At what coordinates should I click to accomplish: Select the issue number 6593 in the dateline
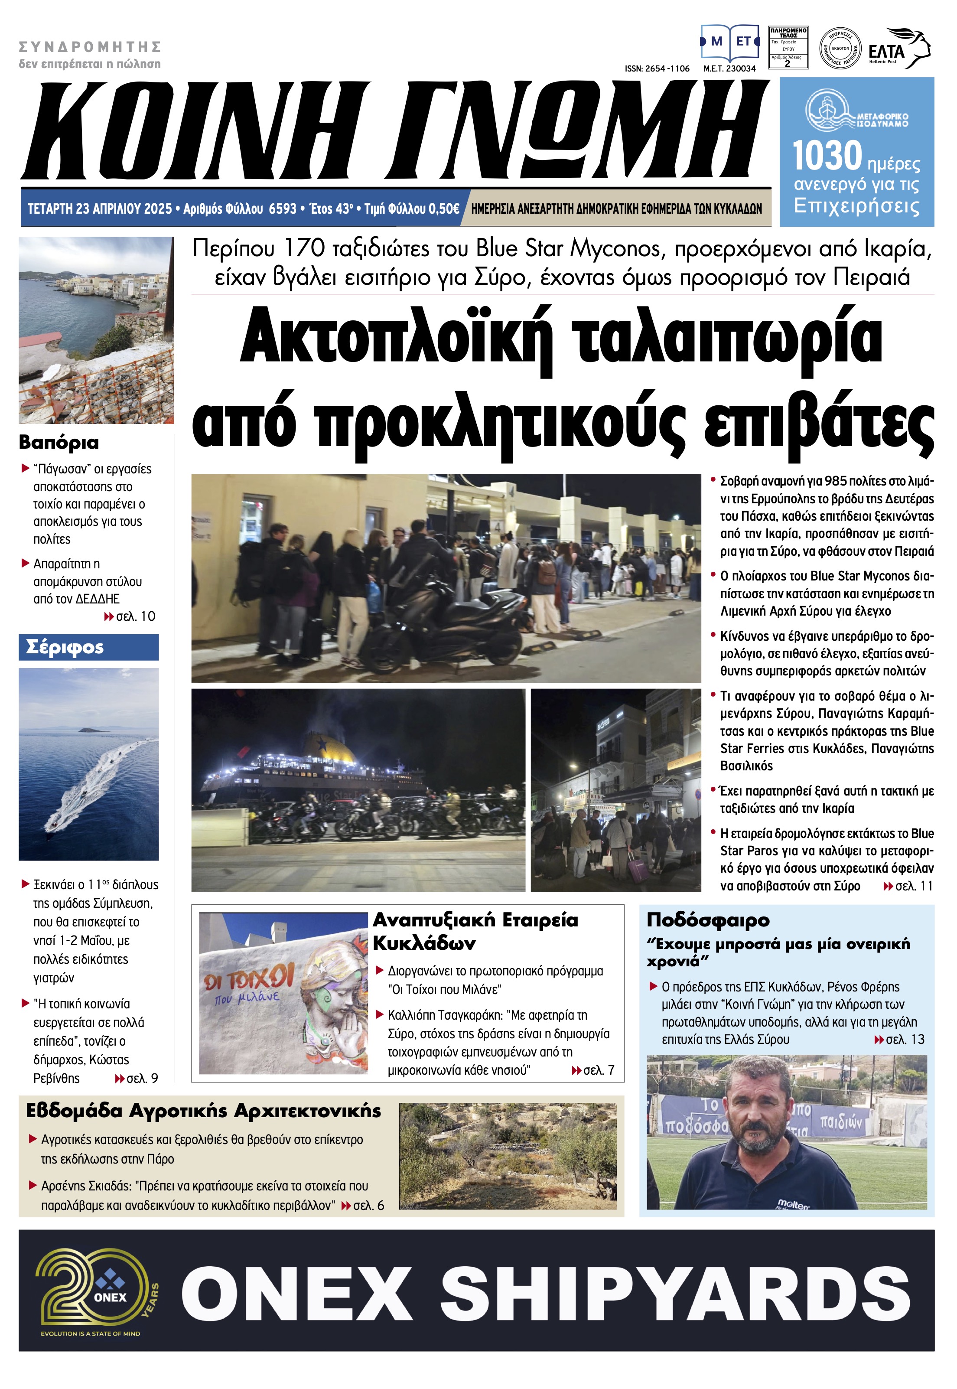coord(283,209)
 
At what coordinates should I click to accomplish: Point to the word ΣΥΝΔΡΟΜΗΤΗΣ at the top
coord(90,47)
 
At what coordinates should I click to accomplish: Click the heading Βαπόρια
coord(59,443)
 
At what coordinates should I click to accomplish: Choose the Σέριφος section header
coord(65,647)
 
